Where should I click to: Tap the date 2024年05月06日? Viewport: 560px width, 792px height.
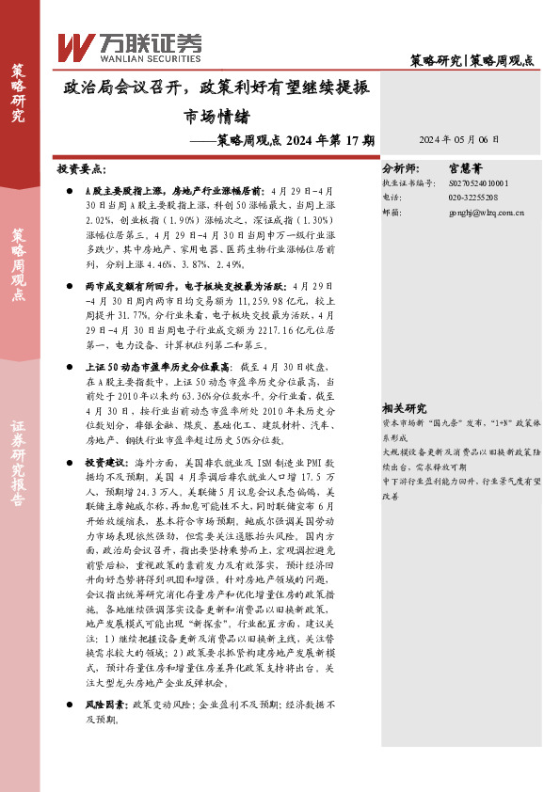coord(458,137)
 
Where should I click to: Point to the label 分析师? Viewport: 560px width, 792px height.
coord(399,171)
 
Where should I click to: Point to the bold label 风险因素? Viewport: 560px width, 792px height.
coord(107,704)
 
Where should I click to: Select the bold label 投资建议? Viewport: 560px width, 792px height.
coord(107,464)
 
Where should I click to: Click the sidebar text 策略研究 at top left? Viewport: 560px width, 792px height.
coord(18,93)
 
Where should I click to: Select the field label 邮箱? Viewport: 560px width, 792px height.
coord(392,213)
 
